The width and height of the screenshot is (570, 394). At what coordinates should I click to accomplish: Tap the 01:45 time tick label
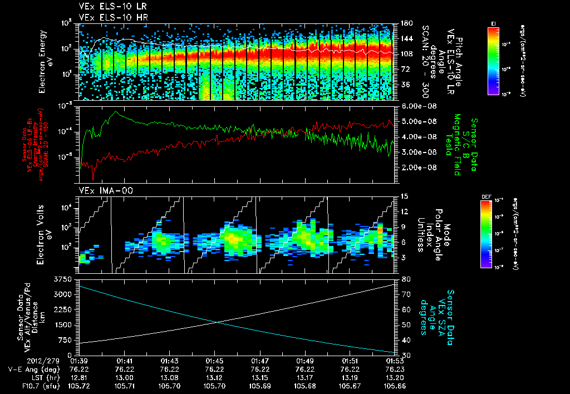click(x=215, y=361)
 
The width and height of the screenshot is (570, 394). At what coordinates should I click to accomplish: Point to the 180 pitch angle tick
click(x=405, y=23)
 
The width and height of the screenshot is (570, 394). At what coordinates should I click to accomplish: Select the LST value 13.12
click(x=215, y=376)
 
